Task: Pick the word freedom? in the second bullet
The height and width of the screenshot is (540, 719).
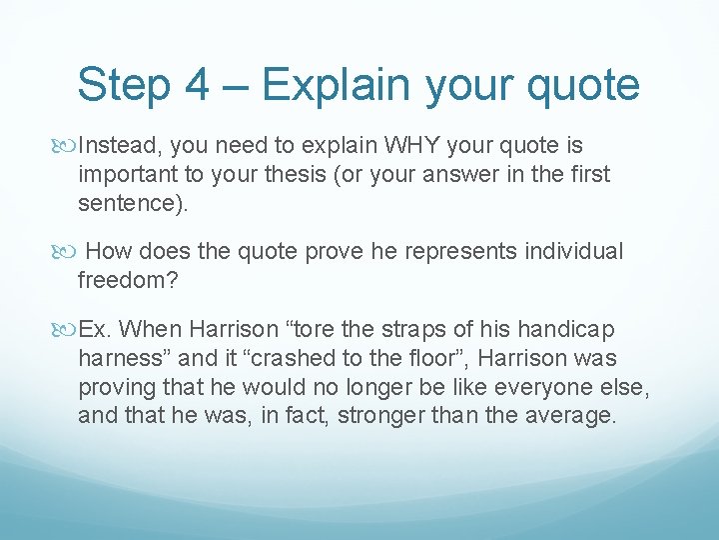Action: (x=128, y=281)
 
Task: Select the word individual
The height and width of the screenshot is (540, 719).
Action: (x=562, y=252)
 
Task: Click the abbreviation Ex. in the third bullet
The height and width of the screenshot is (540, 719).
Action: (x=97, y=329)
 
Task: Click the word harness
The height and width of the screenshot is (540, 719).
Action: (x=119, y=358)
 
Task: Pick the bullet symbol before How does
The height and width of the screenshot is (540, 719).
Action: (x=67, y=252)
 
